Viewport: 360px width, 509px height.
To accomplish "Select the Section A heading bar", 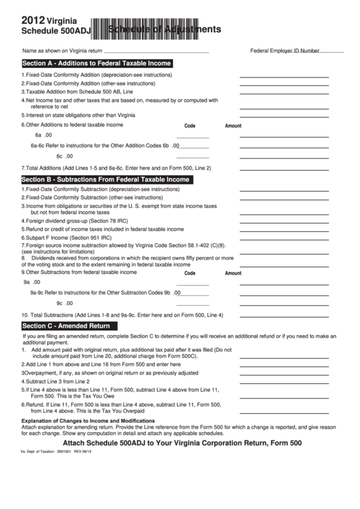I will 97,63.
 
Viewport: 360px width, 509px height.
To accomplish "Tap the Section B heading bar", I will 106,179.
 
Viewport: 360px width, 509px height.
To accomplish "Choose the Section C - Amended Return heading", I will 67,326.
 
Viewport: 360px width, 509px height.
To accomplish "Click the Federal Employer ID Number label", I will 285,51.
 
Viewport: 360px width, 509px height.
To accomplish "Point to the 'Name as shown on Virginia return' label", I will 62,51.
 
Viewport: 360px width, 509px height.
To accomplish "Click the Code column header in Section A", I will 190,126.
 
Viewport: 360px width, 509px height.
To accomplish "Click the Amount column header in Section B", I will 233,273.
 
